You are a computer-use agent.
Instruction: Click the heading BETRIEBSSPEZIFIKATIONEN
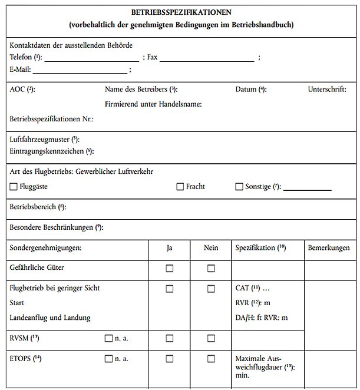point(181,12)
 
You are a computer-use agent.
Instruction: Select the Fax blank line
point(206,60)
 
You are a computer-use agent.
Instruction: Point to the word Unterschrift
point(327,90)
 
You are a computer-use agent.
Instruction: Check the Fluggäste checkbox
point(14,187)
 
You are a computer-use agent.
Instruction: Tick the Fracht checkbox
point(180,187)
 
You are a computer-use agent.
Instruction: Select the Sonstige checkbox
point(239,187)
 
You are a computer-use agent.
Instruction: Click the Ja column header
point(170,248)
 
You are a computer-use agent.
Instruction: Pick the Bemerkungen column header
point(329,248)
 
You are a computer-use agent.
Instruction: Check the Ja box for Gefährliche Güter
point(170,269)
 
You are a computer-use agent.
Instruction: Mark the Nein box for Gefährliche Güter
point(211,269)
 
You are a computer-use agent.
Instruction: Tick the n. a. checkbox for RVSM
point(108,338)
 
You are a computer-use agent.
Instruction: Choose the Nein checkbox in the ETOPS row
point(211,359)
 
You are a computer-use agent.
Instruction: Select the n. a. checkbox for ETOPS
point(108,359)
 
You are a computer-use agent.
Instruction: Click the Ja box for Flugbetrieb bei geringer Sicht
point(170,289)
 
